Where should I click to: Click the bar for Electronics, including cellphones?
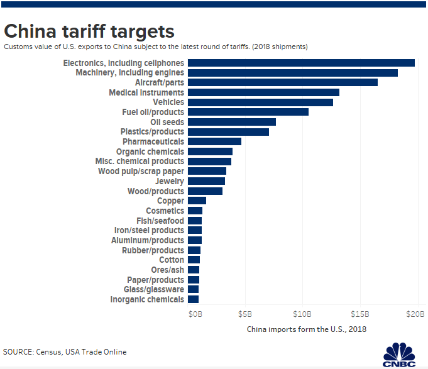[x=302, y=63]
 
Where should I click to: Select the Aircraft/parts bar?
[x=283, y=82]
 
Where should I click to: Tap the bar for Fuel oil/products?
[x=248, y=112]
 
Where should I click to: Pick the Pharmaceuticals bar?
[x=215, y=141]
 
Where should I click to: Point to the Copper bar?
[x=197, y=201]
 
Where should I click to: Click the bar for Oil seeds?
[x=232, y=122]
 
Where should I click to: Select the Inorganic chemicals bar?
[x=194, y=299]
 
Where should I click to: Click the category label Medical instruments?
[x=146, y=92]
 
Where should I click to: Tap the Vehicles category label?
[x=168, y=102]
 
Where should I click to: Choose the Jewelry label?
[x=170, y=181]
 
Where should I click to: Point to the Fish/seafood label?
[x=160, y=221]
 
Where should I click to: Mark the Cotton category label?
[x=172, y=260]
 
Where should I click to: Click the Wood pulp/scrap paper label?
[x=141, y=171]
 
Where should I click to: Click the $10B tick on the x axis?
[x=303, y=314]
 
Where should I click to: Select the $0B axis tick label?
[x=196, y=314]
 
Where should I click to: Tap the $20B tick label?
[x=416, y=314]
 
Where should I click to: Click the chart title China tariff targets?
[x=89, y=31]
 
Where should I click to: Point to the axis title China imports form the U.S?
[x=307, y=329]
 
